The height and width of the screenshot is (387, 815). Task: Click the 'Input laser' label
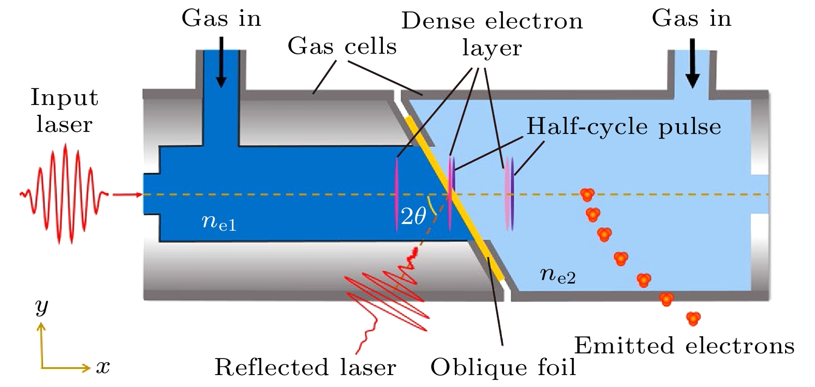[x=64, y=111]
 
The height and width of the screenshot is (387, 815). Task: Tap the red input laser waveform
[x=65, y=194]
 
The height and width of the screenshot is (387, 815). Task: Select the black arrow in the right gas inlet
[x=692, y=64]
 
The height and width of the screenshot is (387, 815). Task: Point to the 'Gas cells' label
[x=342, y=47]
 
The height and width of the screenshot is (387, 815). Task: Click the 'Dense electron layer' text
[x=492, y=34]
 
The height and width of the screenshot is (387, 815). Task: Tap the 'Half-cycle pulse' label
[x=624, y=127]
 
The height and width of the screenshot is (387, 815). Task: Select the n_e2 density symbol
[x=557, y=274]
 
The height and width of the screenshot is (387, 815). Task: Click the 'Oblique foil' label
[x=503, y=367]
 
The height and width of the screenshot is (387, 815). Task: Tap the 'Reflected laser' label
[x=305, y=367]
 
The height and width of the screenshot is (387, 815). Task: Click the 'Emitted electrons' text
[x=684, y=346]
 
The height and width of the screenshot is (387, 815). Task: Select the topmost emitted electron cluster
[x=587, y=195]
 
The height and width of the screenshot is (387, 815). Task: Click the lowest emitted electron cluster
[x=693, y=318]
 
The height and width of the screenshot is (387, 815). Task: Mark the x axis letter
[x=103, y=367]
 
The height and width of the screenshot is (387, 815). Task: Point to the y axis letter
[x=41, y=306]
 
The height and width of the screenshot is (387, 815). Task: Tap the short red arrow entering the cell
[x=127, y=195]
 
